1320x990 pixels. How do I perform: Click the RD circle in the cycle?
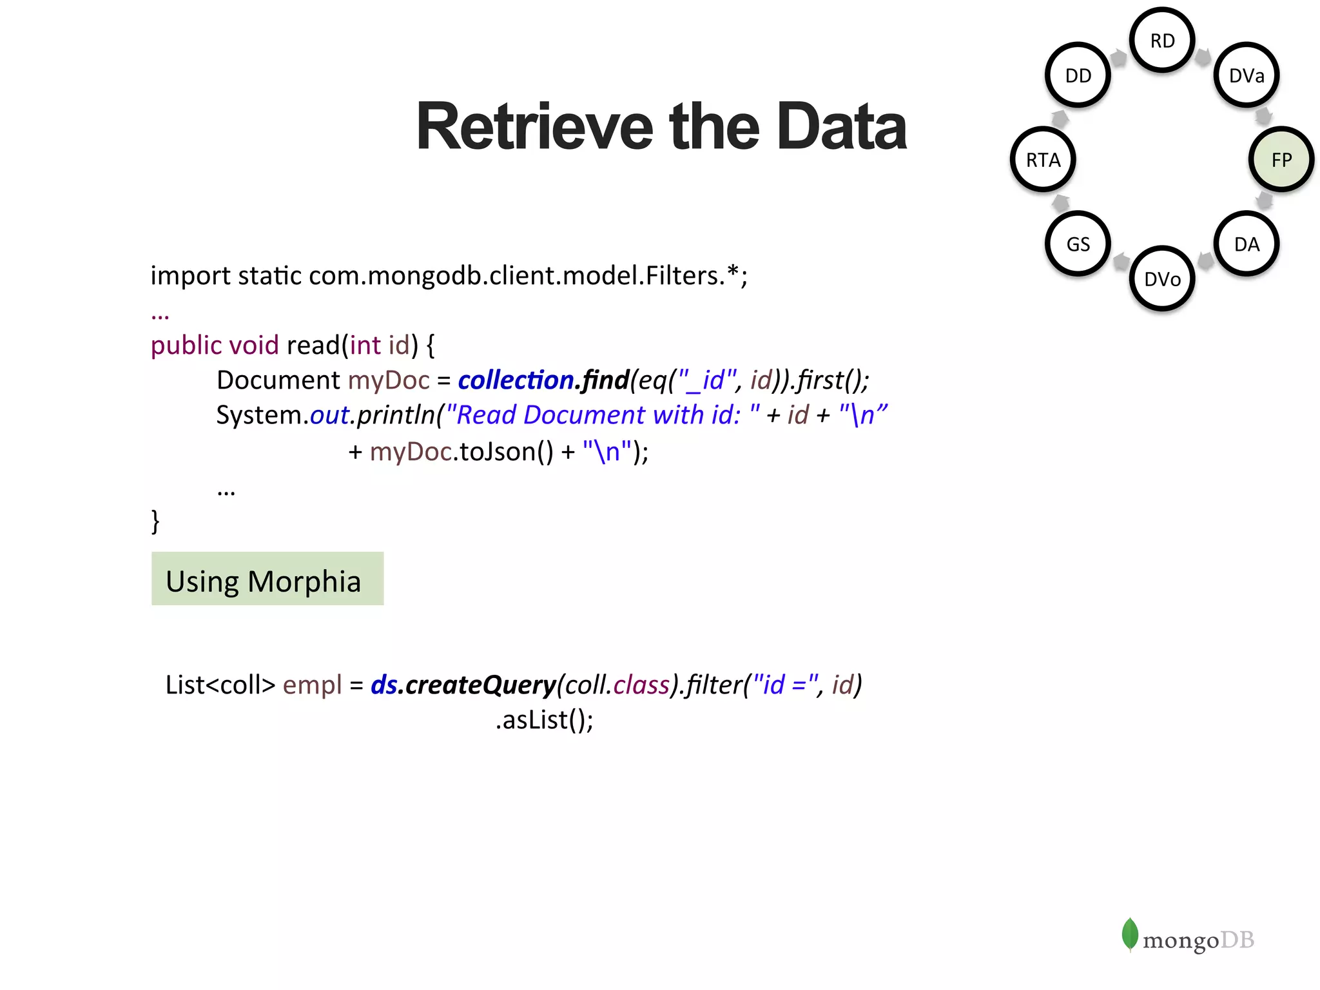[1162, 41]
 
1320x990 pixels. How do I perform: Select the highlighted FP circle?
[1281, 159]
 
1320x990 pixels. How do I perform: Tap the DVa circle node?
[1246, 75]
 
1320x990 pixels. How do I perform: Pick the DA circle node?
[1246, 244]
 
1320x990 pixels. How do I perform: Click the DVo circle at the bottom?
[1162, 278]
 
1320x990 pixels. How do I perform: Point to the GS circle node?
[1078, 244]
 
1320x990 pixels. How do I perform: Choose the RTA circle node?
[1043, 159]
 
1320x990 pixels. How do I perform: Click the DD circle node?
[1078, 75]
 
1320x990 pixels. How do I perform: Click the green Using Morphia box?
[267, 579]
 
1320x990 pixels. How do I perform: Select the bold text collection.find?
[543, 380]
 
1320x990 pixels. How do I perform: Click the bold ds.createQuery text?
[463, 684]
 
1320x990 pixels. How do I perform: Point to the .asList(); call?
[544, 720]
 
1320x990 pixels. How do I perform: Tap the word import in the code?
[190, 276]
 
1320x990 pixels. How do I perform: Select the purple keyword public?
[186, 345]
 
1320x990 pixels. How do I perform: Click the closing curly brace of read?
[155, 521]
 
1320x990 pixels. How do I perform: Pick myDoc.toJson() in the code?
[461, 452]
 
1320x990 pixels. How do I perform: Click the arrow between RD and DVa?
[1203, 57]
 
